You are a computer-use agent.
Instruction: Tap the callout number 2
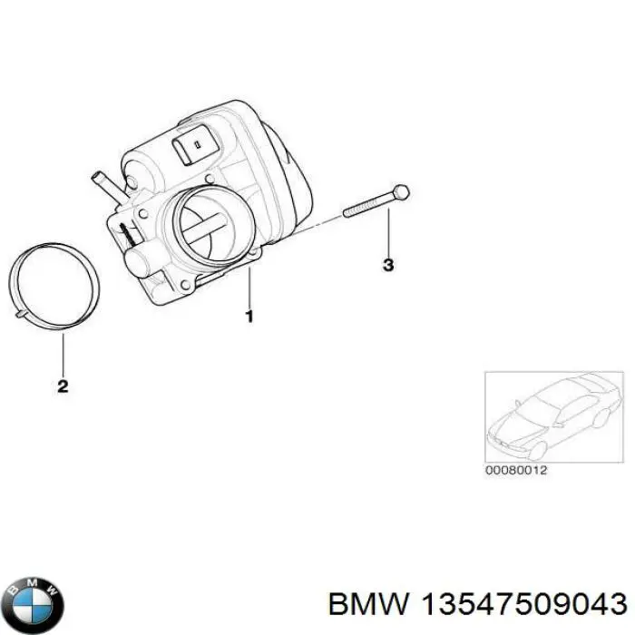pyautogui.click(x=63, y=386)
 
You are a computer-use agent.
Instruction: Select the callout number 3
pyautogui.click(x=387, y=266)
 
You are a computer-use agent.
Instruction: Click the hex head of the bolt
pyautogui.click(x=402, y=192)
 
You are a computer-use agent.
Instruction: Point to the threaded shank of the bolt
pyautogui.click(x=367, y=205)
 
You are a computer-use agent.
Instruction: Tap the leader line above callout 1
pyautogui.click(x=249, y=286)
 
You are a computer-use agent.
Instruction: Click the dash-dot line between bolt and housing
pyautogui.click(x=322, y=221)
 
